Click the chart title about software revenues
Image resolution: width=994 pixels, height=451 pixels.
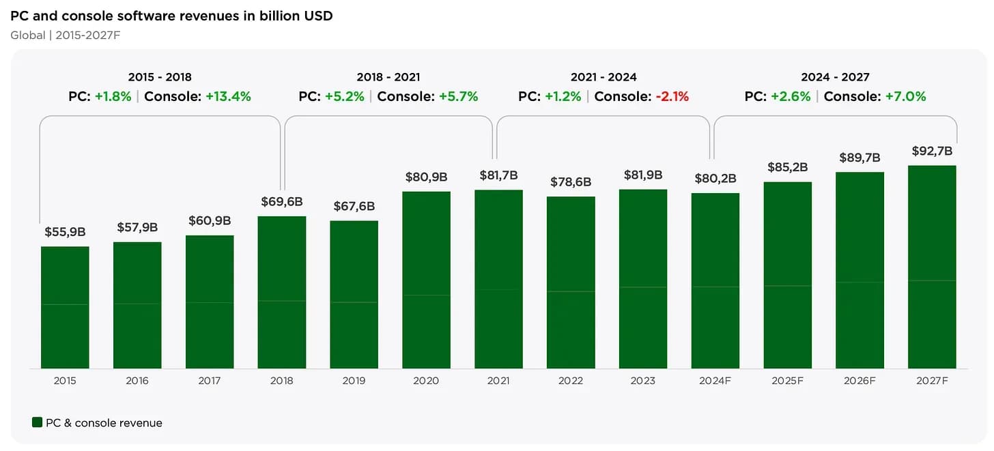pyautogui.click(x=171, y=15)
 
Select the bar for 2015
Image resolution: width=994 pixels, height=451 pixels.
pyautogui.click(x=65, y=307)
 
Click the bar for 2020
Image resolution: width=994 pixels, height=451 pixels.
pyautogui.click(x=427, y=280)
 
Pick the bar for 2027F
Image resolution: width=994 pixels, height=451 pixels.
pyautogui.click(x=932, y=266)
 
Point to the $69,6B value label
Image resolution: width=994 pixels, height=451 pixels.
pyautogui.click(x=282, y=202)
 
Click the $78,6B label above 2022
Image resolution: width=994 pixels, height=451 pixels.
pyautogui.click(x=571, y=182)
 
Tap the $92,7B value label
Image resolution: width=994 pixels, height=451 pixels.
pyautogui.click(x=932, y=151)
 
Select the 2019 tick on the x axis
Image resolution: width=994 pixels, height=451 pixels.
pyautogui.click(x=354, y=381)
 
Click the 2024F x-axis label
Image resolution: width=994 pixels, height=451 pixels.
pyautogui.click(x=715, y=381)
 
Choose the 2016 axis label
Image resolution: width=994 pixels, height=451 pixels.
pyautogui.click(x=137, y=381)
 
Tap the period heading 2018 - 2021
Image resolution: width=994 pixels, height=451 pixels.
pyautogui.click(x=388, y=77)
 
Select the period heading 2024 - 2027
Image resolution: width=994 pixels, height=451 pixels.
pyautogui.click(x=835, y=77)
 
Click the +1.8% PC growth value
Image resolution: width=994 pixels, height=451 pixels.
pyautogui.click(x=113, y=96)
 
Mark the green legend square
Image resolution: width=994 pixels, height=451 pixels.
pyautogui.click(x=38, y=422)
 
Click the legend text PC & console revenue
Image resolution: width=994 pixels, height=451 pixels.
pyautogui.click(x=104, y=423)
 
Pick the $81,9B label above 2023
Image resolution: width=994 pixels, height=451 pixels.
pyautogui.click(x=643, y=175)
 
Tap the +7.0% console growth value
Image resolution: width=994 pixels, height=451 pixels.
pyautogui.click(x=905, y=96)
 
